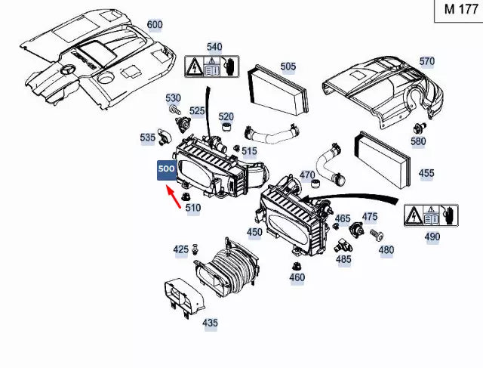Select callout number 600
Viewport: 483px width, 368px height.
click(155, 24)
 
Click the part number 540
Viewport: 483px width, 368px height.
click(214, 47)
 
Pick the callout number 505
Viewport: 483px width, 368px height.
click(288, 66)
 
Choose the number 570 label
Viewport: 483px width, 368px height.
click(427, 61)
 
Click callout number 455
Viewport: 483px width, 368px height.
click(426, 173)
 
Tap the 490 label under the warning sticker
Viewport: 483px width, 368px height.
click(432, 237)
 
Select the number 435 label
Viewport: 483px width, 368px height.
click(210, 323)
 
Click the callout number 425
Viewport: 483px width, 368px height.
click(181, 249)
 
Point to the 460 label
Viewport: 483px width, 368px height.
click(297, 277)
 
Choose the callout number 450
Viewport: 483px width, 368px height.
click(255, 232)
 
